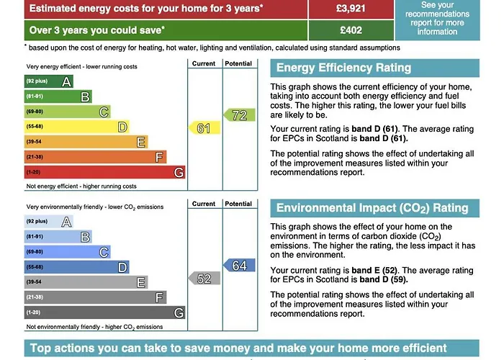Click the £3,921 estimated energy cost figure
pos(352,9)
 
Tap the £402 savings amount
pos(352,30)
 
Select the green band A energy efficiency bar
pos(48,81)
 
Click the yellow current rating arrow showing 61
pos(202,128)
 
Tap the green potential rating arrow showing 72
pos(238,114)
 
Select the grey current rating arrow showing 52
pos(202,279)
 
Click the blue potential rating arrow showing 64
pos(238,265)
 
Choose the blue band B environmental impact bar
pos(58,236)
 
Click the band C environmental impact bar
pos(67,251)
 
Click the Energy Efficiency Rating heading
pos(344,68)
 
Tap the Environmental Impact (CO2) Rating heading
pos(372,208)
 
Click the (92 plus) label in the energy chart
pos(37,81)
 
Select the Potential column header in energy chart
pos(238,63)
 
